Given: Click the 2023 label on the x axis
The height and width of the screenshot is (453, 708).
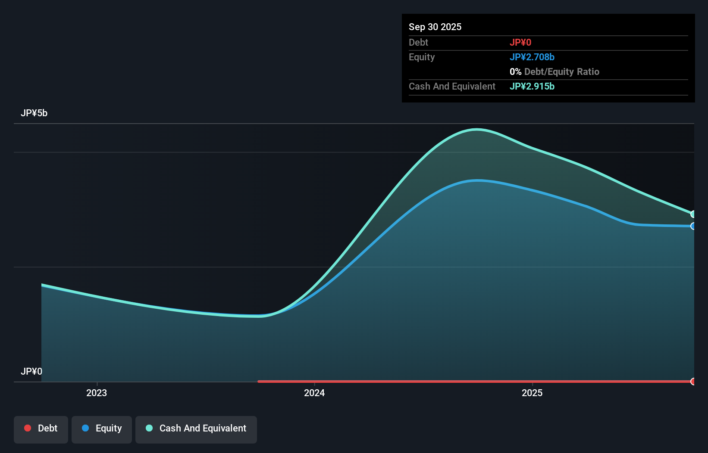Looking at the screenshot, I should pyautogui.click(x=97, y=393).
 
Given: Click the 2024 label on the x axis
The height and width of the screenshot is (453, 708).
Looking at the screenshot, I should pyautogui.click(x=314, y=393).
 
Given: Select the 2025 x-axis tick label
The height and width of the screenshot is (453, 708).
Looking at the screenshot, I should pyautogui.click(x=532, y=393).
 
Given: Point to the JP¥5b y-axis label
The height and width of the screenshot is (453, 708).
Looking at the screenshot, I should pyautogui.click(x=34, y=113).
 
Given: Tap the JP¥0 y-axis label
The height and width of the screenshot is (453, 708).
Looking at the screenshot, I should pyautogui.click(x=31, y=371).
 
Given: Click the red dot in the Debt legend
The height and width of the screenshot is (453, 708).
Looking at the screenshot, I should pyautogui.click(x=28, y=428).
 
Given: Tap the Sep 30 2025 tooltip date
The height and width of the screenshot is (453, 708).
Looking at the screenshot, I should pyautogui.click(x=435, y=27).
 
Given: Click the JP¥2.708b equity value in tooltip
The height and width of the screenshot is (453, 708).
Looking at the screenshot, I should pyautogui.click(x=532, y=57).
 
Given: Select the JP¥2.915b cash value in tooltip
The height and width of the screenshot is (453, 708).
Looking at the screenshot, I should pyautogui.click(x=532, y=86).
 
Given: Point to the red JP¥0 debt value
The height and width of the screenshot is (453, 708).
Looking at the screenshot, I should pyautogui.click(x=520, y=42).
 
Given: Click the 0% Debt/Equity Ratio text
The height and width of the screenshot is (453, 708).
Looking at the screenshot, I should pyautogui.click(x=554, y=71).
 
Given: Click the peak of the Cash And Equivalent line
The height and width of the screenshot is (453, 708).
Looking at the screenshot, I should pyautogui.click(x=477, y=129).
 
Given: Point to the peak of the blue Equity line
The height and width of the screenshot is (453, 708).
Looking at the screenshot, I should pyautogui.click(x=478, y=180).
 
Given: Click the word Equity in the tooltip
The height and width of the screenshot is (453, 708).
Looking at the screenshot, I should pyautogui.click(x=422, y=57).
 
